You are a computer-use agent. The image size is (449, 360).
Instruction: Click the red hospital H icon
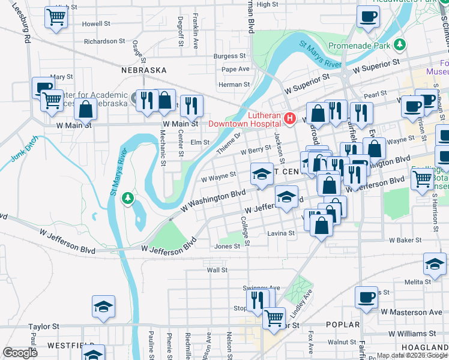coord(290,119)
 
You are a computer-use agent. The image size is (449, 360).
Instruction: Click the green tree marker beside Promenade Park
coord(400,45)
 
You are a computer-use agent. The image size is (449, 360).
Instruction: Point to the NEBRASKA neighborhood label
coord(143,70)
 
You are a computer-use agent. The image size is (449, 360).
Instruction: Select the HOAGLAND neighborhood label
coord(424,348)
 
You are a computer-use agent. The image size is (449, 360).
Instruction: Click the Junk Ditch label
coord(24,149)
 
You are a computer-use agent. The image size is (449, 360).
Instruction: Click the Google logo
coord(20,353)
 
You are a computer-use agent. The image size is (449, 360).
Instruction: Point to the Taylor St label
coord(44,327)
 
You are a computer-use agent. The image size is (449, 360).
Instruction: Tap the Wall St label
coord(217,270)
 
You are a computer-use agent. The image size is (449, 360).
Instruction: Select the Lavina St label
coord(282,233)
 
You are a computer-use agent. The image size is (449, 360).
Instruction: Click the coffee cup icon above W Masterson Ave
coord(366,296)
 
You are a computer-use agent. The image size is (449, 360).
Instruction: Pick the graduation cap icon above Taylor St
coord(103,306)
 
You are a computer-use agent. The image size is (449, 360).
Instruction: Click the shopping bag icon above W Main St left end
coord(86,109)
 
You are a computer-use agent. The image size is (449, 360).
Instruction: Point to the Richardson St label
coord(104,41)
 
